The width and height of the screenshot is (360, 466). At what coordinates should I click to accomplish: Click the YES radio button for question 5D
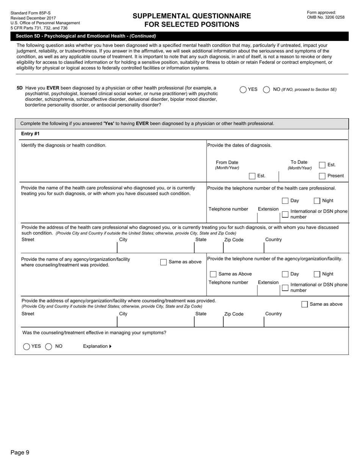click(243, 90)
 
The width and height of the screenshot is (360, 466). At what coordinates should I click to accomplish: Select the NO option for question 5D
click(266, 90)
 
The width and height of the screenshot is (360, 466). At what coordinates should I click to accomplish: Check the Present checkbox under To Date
click(322, 176)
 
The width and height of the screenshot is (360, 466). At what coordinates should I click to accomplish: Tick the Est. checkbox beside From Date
click(252, 176)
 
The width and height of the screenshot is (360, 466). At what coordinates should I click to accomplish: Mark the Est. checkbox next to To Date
click(322, 165)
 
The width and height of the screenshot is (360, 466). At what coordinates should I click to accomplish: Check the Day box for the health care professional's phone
click(285, 201)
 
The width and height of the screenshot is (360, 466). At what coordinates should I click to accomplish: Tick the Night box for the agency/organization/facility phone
click(317, 274)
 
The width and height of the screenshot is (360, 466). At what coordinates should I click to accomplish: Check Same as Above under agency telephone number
click(213, 274)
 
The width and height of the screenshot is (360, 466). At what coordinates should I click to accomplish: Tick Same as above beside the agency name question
click(163, 262)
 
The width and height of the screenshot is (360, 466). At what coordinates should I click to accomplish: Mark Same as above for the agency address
click(305, 304)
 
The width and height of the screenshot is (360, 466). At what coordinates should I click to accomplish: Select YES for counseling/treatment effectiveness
click(27, 346)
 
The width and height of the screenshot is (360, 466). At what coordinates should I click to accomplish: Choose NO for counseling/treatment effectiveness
click(49, 346)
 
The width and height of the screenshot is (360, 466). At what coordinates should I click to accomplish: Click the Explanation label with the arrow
click(97, 346)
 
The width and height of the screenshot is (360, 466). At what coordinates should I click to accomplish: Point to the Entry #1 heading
click(30, 134)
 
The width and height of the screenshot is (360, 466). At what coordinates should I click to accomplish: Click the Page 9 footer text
click(20, 452)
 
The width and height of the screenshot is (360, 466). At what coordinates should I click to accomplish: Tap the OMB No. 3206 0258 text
click(326, 17)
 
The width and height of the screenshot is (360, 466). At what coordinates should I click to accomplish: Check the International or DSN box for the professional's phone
click(285, 214)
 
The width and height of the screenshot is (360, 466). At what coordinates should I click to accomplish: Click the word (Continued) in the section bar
click(143, 36)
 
